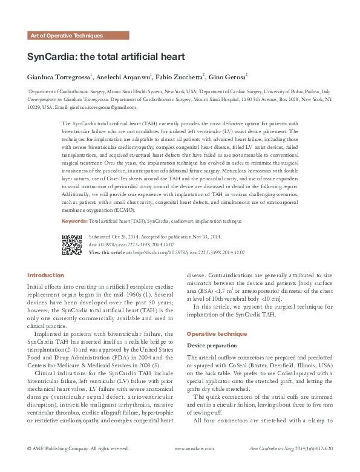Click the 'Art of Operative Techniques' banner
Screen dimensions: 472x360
[67, 36]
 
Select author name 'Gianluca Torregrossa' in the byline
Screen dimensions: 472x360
[58, 77]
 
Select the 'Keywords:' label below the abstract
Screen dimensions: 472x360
[74, 221]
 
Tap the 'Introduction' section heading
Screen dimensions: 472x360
[45, 275]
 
